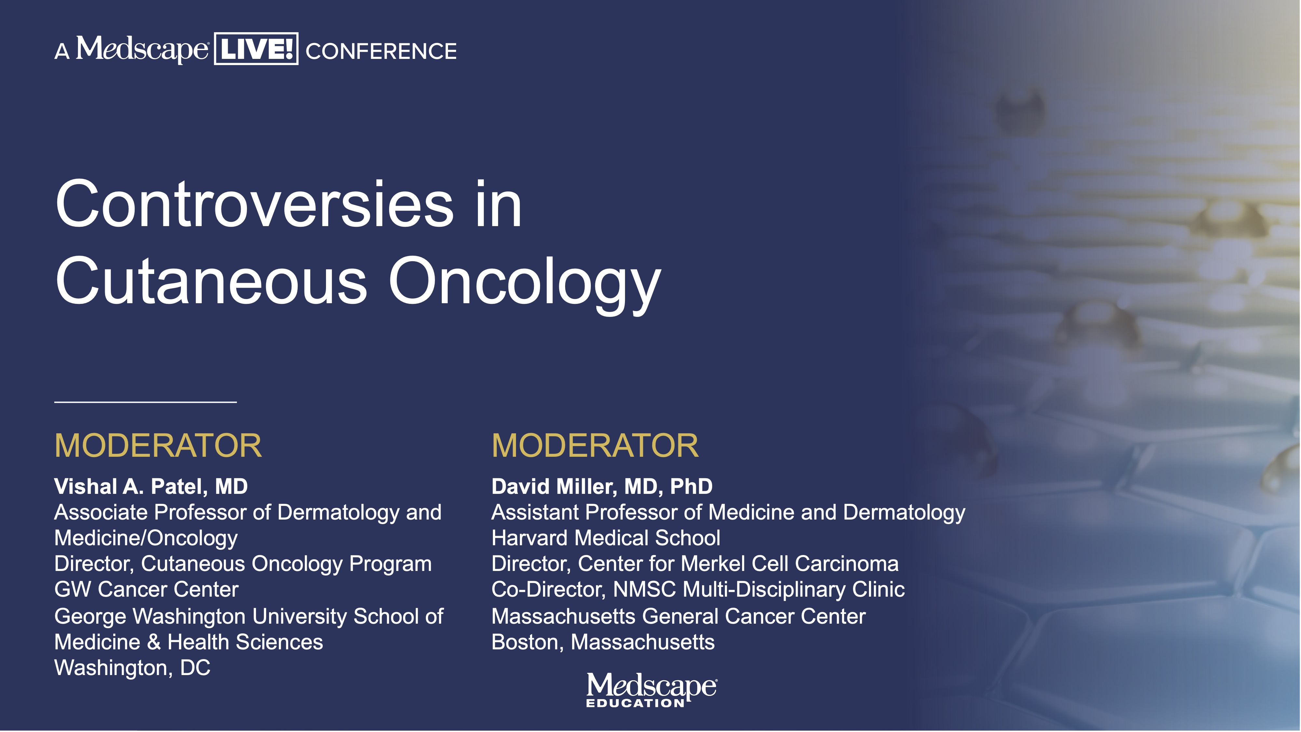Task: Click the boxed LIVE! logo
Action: tap(256, 48)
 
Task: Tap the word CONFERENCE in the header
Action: tap(381, 51)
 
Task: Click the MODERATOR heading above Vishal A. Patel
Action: tap(158, 446)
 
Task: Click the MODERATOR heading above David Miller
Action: tap(595, 446)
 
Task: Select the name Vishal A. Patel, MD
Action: tap(151, 486)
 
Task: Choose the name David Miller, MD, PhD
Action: tap(602, 486)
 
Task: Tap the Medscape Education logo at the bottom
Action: tap(651, 690)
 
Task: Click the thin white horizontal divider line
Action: tap(145, 402)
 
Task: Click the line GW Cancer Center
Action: tap(146, 590)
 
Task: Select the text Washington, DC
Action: tap(132, 668)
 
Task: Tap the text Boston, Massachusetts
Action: tap(603, 642)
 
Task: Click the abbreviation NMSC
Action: tap(644, 590)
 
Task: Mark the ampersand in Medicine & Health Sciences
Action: tap(154, 642)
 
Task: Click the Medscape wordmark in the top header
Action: tap(142, 49)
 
